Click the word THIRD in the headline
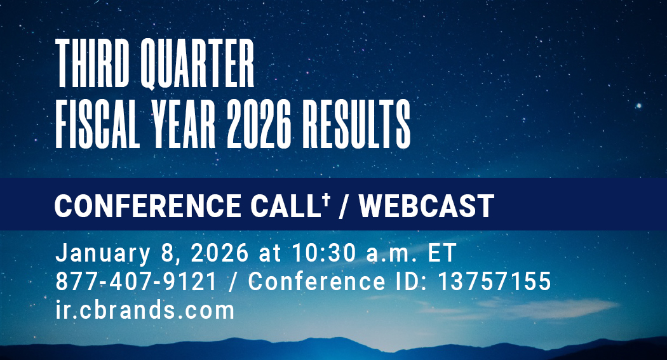(92, 63)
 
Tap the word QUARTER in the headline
(198, 64)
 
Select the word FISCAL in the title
(98, 124)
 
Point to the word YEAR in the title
(184, 124)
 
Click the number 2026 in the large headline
(259, 124)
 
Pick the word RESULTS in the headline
(356, 124)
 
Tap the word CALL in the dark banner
(285, 206)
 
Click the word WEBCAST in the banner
(426, 206)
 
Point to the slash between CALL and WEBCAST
(342, 206)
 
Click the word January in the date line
(103, 253)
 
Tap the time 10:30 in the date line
(324, 253)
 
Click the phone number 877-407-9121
(136, 281)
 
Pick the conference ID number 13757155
(495, 281)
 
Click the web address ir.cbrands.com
(145, 310)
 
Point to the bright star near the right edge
(638, 105)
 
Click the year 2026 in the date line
(220, 253)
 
